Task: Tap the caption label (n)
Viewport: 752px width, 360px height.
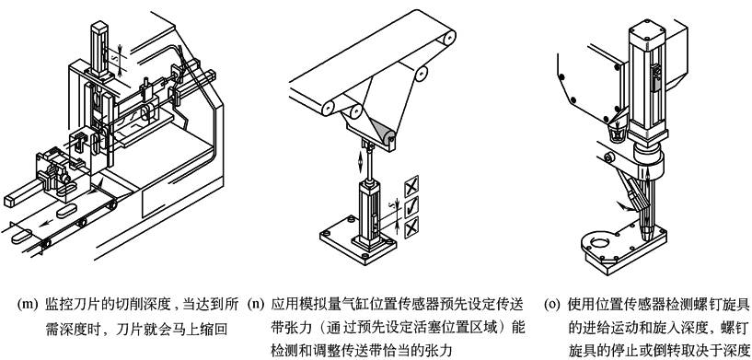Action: [x=256, y=305]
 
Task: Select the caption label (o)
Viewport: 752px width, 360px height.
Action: [x=554, y=305]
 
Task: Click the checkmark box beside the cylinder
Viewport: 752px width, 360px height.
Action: [x=411, y=206]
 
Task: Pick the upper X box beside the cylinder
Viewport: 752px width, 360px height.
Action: [x=411, y=186]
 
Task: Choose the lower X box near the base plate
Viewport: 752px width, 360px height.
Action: [x=411, y=227]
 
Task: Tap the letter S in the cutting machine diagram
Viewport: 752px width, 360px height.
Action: [x=113, y=59]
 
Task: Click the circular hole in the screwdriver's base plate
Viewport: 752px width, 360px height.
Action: [x=599, y=242]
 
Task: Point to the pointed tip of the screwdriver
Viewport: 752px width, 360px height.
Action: [x=647, y=238]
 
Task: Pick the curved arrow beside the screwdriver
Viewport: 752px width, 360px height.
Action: [x=625, y=206]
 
